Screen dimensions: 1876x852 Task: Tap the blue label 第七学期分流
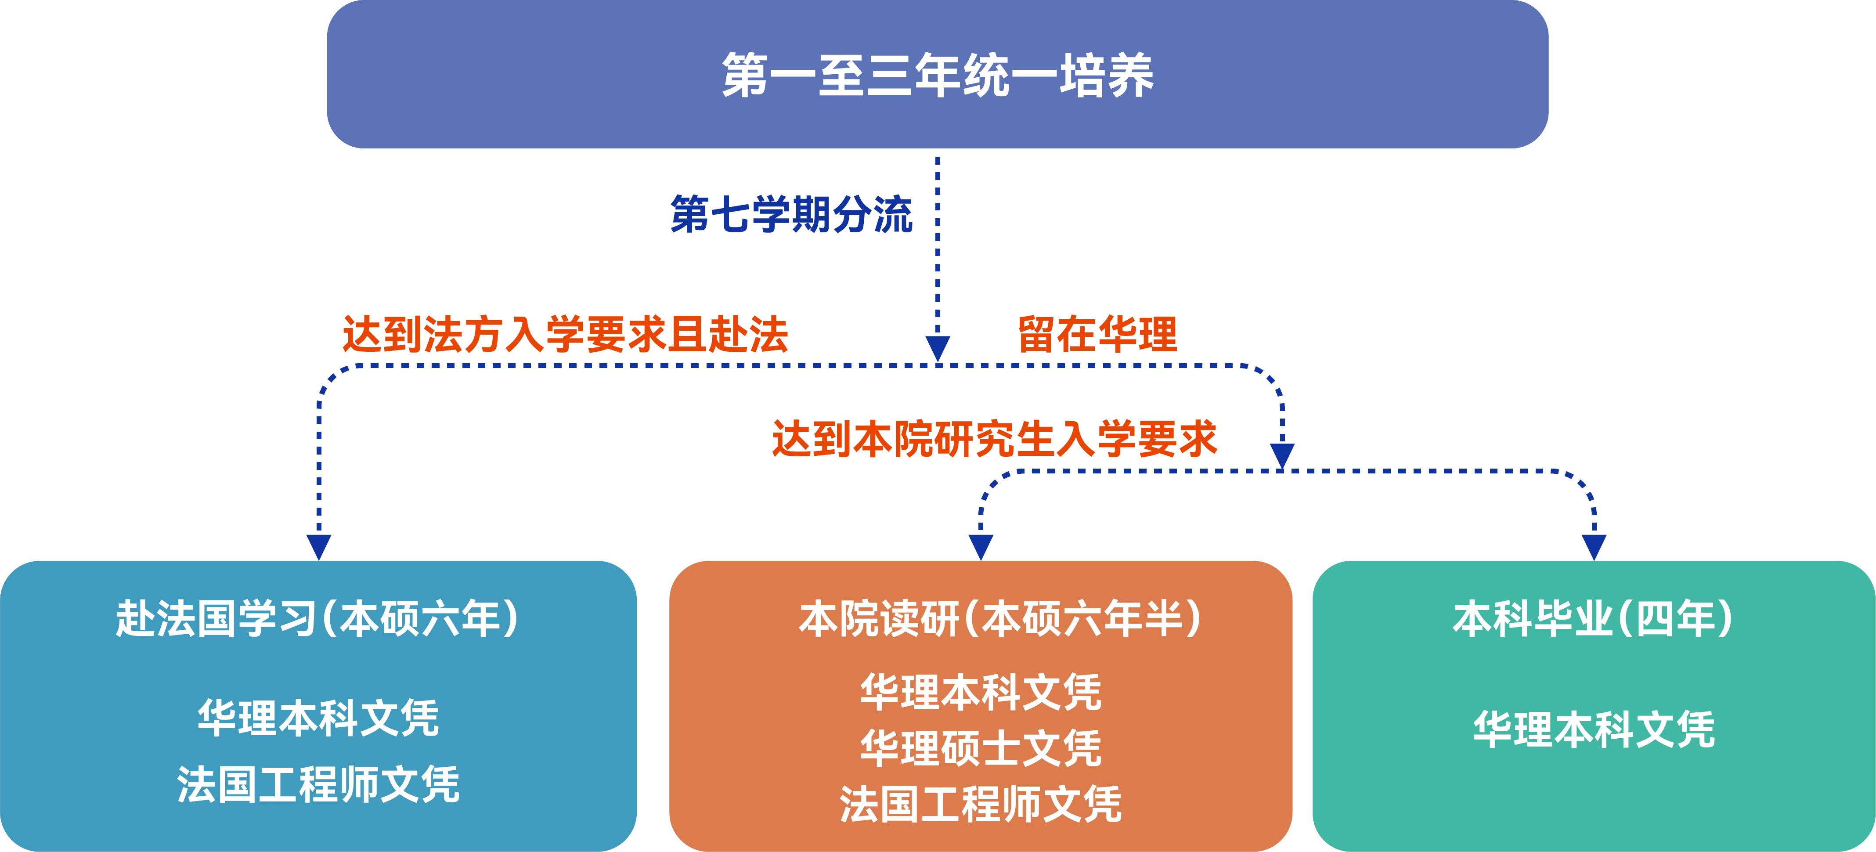(792, 214)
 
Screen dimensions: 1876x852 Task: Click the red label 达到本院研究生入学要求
(995, 439)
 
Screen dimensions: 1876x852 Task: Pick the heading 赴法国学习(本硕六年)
(317, 619)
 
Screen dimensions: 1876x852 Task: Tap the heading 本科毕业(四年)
(1593, 619)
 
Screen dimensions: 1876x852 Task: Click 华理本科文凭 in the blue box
(318, 718)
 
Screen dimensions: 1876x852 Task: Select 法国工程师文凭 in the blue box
(318, 784)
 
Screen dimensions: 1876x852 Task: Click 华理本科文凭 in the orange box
(981, 692)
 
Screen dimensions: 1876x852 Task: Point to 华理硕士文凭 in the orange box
(981, 748)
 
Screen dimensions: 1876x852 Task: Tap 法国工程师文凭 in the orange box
(981, 804)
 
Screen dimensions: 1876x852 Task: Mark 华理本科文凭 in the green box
(1594, 729)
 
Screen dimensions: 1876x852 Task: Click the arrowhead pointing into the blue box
(319, 547)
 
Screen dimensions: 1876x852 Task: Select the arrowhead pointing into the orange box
(981, 547)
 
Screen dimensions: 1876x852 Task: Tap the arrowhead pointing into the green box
(1594, 547)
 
